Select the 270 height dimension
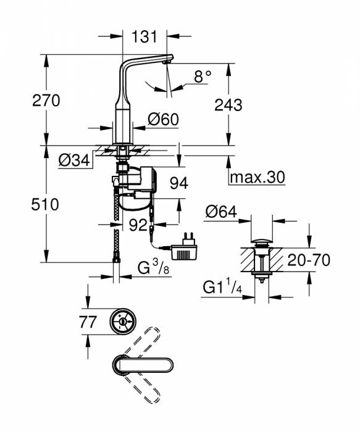[x=46, y=101]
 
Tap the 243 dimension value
[x=228, y=105]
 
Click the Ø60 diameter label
[x=164, y=119]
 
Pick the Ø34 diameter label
[x=74, y=161]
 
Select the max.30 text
[x=257, y=178]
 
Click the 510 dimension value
[x=46, y=204]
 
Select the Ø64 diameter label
[x=220, y=212]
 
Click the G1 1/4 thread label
[x=223, y=288]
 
